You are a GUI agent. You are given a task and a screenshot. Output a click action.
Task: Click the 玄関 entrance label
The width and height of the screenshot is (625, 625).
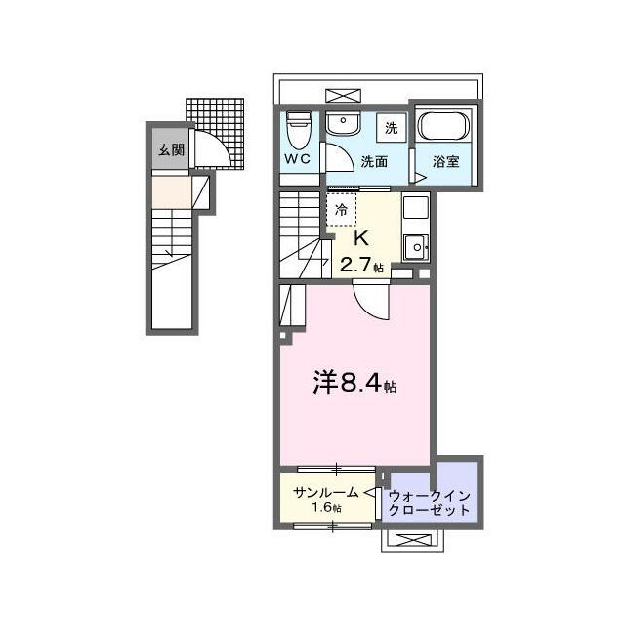click(x=172, y=150)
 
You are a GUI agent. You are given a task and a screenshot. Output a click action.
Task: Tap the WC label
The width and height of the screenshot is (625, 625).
click(x=298, y=159)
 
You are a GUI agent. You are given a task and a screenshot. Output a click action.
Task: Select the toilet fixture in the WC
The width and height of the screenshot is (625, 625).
click(x=299, y=130)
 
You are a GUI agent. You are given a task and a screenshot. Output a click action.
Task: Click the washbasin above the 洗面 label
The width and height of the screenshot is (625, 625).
click(x=343, y=124)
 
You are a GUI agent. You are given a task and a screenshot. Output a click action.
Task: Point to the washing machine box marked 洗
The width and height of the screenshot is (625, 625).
click(x=392, y=128)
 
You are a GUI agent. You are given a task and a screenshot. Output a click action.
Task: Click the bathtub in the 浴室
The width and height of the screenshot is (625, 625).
click(x=443, y=126)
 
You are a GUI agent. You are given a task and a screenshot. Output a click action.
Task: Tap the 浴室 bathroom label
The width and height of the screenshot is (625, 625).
click(x=446, y=161)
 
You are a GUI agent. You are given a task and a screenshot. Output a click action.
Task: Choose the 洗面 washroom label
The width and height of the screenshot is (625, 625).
click(x=374, y=161)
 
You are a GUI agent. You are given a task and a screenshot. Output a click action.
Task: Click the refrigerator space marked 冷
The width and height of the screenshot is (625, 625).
click(x=342, y=210)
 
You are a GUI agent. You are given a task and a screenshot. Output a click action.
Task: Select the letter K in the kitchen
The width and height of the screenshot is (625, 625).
click(x=361, y=239)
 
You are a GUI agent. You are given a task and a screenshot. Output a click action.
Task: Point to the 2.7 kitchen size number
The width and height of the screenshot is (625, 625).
click(x=355, y=265)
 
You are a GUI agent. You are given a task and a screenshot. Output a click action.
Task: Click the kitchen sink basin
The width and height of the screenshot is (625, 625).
click(x=416, y=247)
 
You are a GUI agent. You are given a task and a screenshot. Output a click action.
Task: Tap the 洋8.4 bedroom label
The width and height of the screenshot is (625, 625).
click(x=354, y=382)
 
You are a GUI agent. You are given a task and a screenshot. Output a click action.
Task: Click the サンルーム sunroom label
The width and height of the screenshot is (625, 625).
click(x=326, y=493)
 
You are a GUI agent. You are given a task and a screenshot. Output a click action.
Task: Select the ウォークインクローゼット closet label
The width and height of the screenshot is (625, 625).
click(x=429, y=503)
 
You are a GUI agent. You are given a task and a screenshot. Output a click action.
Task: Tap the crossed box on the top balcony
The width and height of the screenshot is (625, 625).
click(x=343, y=96)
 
